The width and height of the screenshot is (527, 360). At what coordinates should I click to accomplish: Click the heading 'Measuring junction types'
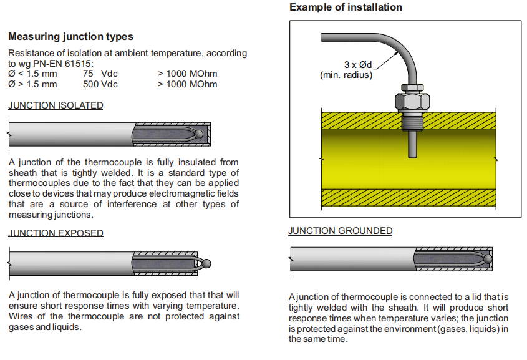[70, 37]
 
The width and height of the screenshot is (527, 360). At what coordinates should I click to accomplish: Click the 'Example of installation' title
[346, 7]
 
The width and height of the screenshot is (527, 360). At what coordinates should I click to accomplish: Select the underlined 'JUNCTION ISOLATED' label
[56, 105]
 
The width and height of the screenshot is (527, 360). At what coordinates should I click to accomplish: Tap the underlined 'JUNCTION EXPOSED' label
[56, 233]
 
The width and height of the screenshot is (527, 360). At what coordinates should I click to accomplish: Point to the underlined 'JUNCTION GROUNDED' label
[340, 231]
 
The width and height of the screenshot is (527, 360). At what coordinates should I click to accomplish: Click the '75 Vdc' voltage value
[100, 74]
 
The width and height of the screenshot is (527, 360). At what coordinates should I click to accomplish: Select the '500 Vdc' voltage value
[100, 84]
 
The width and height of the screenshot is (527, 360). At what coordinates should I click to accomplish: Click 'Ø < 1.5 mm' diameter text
[32, 74]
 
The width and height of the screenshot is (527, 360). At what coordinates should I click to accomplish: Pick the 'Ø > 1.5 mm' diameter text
[32, 84]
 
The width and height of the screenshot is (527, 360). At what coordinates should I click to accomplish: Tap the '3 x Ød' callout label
[357, 65]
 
